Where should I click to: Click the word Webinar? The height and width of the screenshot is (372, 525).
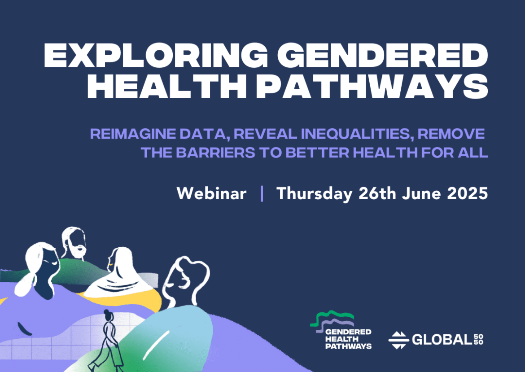[x=211, y=194]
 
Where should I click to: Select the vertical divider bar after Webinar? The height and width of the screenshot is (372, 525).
[x=262, y=194]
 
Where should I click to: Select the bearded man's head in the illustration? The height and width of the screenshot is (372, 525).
[x=73, y=242]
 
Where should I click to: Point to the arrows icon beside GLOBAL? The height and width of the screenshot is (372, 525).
[x=398, y=340]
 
